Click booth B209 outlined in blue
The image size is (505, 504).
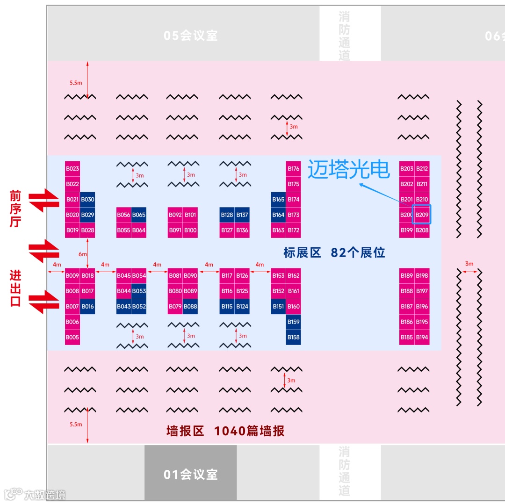click(422, 215)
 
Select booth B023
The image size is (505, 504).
click(72, 169)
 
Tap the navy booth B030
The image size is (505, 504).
click(87, 200)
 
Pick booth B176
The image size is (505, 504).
click(293, 169)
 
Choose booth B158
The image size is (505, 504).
click(293, 337)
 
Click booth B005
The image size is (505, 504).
click(72, 337)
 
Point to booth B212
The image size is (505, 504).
click(422, 169)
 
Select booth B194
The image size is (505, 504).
click(422, 337)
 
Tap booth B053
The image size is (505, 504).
click(139, 291)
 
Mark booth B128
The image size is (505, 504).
click(227, 215)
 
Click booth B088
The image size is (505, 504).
click(190, 306)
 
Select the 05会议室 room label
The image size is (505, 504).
click(191, 36)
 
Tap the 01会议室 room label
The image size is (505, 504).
click(191, 474)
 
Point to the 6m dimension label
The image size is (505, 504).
click(82, 254)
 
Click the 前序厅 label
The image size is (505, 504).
click(15, 209)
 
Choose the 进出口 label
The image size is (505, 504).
click(15, 288)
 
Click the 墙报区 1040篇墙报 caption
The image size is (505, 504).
click(225, 431)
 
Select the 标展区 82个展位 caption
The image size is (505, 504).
click(334, 253)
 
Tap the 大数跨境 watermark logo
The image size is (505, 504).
click(35, 494)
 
